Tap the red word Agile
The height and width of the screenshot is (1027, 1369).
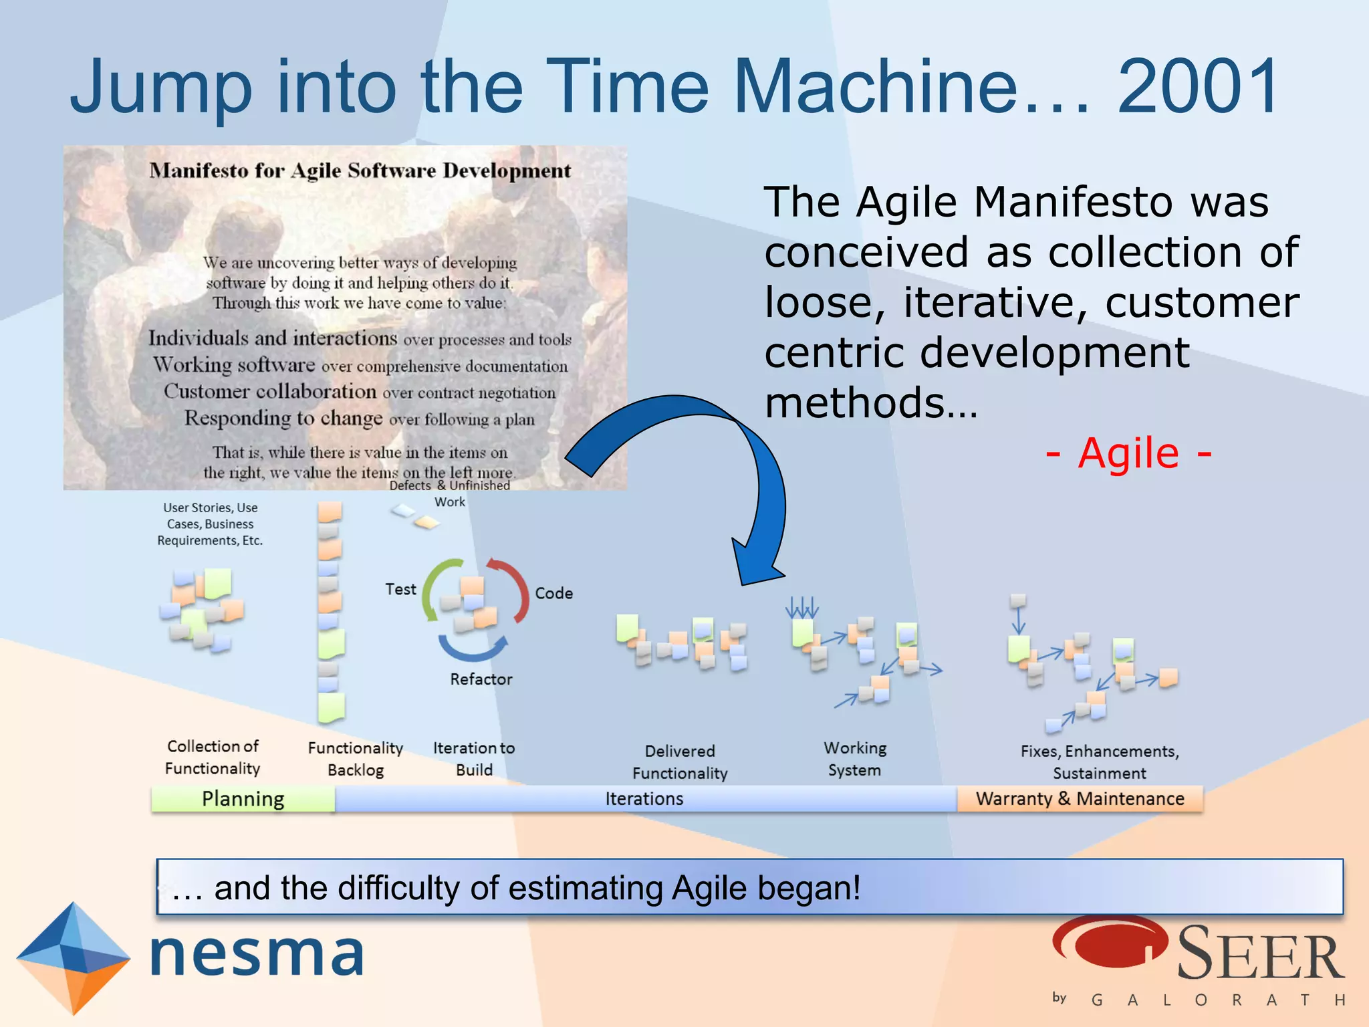click(1128, 454)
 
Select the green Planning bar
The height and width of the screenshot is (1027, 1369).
click(243, 799)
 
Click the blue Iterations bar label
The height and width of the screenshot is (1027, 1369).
click(644, 799)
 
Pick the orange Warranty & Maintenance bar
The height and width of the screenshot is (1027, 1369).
click(1080, 799)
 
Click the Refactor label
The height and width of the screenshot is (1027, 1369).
click(481, 679)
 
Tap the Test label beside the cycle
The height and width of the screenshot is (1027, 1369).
click(400, 589)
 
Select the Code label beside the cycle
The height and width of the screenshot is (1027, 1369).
click(553, 593)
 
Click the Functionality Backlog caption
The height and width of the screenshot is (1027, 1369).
click(356, 759)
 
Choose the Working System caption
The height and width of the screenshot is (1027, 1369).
click(855, 759)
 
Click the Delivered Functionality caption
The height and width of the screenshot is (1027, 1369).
click(680, 762)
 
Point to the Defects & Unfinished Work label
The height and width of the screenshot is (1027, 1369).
click(450, 493)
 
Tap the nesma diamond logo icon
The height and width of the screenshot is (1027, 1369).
click(72, 957)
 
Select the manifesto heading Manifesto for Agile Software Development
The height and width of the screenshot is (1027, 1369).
click(360, 171)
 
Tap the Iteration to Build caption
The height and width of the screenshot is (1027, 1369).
click(474, 759)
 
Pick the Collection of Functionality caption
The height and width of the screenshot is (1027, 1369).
click(213, 757)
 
